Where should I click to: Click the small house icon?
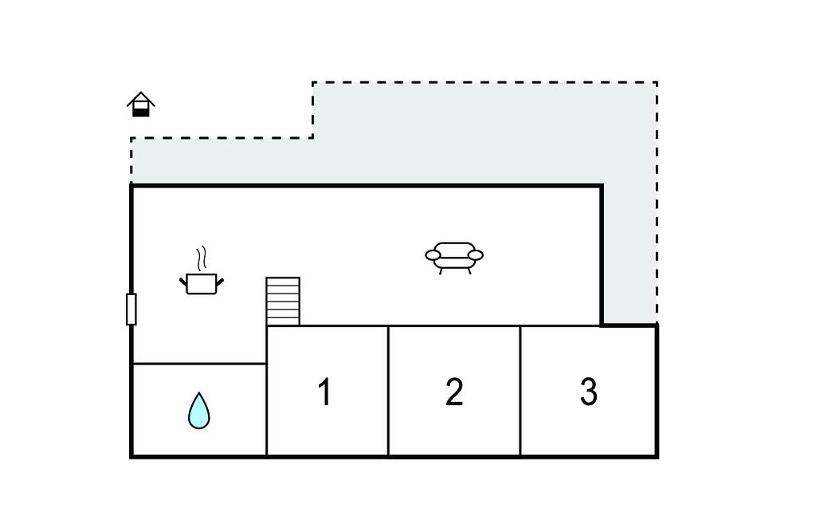pos(141,105)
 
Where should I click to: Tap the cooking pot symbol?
pos(201,283)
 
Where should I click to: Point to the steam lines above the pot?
pos(202,258)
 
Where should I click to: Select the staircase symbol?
pos(283,301)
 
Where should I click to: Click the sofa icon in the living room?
pos(454,258)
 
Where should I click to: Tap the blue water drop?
pos(199,411)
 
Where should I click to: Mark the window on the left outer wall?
pos(131,309)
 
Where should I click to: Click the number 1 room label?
pos(324,392)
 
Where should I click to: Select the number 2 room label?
pos(454,392)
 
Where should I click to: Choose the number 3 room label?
pos(588,392)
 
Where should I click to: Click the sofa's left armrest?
pos(433,255)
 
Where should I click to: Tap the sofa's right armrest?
pos(476,255)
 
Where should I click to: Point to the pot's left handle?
pos(183,279)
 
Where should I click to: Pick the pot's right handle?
pos(219,279)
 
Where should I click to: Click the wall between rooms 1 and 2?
pos(388,391)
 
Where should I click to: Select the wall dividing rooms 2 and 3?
pos(520,391)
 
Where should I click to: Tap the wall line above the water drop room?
pos(199,364)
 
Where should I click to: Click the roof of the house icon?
pos(141,97)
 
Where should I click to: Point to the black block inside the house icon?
pos(141,112)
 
